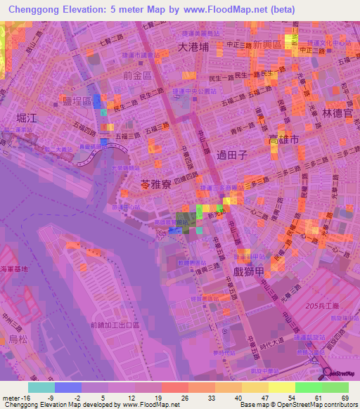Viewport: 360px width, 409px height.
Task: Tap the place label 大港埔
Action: click(x=193, y=48)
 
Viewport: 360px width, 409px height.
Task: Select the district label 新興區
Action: click(x=267, y=44)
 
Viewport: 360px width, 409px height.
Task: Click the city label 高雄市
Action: click(x=284, y=140)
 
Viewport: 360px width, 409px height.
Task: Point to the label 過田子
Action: click(x=233, y=156)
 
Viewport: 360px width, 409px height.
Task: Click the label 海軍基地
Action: click(x=14, y=268)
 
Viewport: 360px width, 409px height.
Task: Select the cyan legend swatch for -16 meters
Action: click(x=41, y=387)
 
